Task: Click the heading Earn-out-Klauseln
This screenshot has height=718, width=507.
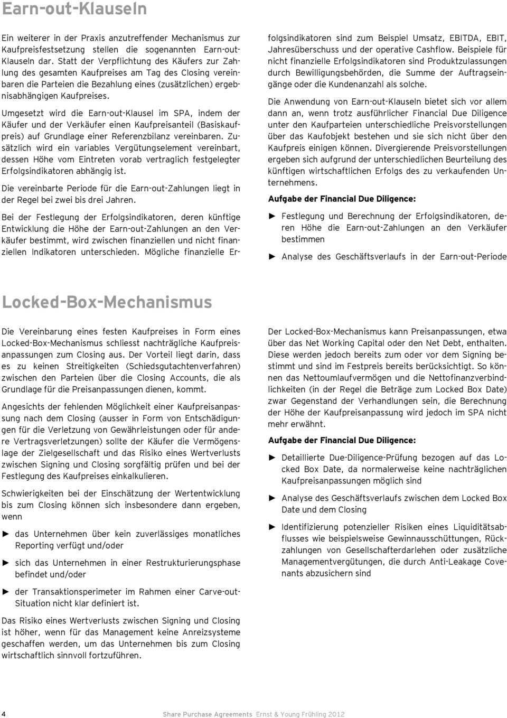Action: [74, 9]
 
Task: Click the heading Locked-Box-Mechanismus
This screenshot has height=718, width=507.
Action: [107, 302]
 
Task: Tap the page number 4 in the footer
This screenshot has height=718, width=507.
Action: [4, 714]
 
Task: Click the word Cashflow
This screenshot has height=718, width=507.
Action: [435, 50]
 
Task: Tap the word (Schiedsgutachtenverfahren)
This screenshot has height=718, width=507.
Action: [183, 366]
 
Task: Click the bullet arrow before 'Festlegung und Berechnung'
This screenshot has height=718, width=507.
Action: [273, 216]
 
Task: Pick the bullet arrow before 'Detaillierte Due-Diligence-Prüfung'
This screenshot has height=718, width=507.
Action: [273, 458]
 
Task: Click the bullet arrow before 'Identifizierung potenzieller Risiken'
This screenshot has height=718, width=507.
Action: [273, 527]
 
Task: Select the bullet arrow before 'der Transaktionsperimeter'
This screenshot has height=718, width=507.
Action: [6, 592]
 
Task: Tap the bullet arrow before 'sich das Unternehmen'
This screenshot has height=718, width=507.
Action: [6, 563]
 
